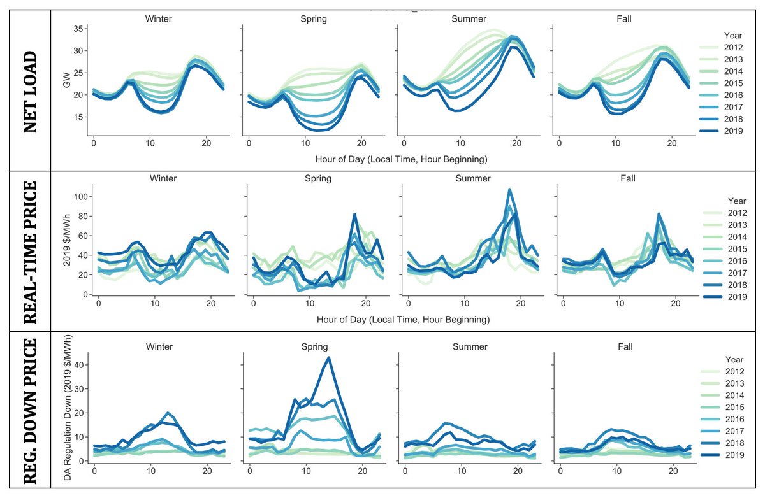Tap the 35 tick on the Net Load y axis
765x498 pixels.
tap(76, 29)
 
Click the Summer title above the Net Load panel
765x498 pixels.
tap(470, 18)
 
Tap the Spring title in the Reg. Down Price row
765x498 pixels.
tap(313, 346)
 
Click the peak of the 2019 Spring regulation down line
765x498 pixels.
tap(328, 357)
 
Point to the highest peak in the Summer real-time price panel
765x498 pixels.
tap(509, 189)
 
